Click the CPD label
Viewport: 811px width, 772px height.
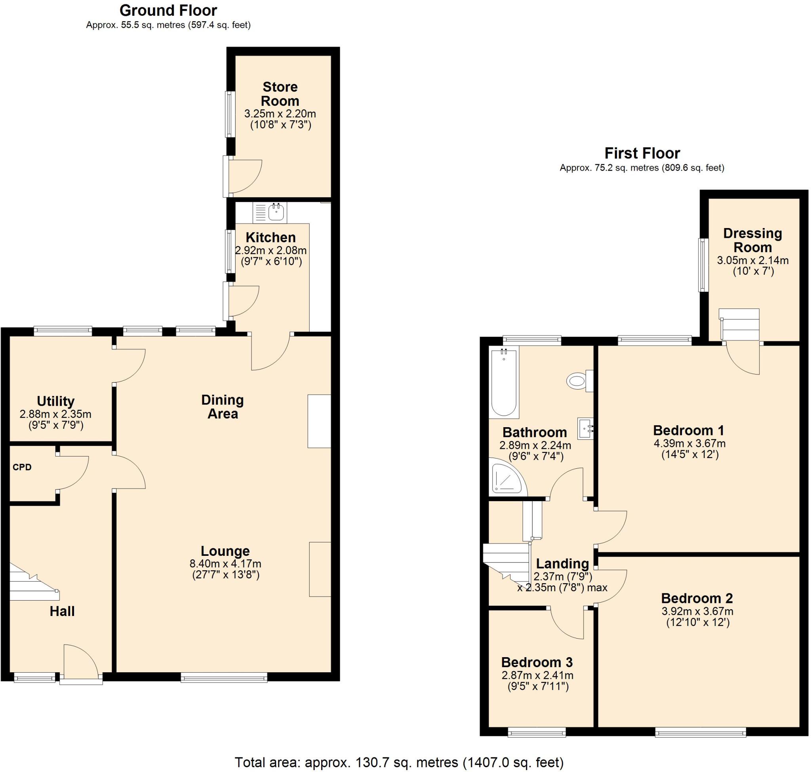point(22,467)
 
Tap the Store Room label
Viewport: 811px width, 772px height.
point(280,94)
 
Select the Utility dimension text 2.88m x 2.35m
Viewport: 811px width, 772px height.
point(55,414)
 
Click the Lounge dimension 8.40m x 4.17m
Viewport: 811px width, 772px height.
point(225,563)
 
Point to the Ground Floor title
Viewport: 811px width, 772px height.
point(168,10)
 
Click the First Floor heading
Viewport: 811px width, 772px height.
point(642,153)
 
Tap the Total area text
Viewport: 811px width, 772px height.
point(398,762)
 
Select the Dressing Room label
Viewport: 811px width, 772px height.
point(752,240)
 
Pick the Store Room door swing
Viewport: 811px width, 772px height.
point(244,176)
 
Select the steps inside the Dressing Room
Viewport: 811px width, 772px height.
point(739,325)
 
